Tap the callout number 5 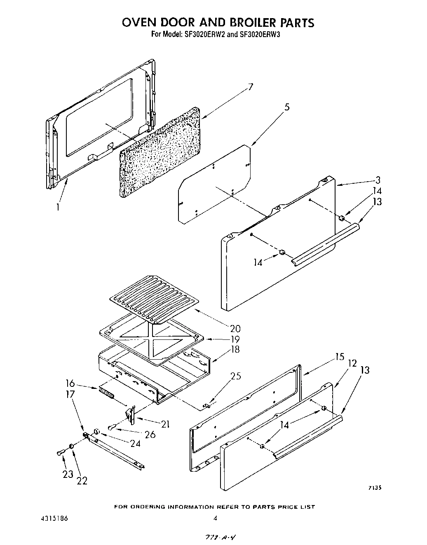click(x=287, y=108)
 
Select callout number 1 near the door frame click(x=58, y=207)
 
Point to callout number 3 click(x=378, y=180)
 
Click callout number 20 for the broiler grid click(x=235, y=329)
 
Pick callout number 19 click(x=235, y=339)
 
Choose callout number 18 click(x=235, y=350)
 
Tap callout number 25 click(x=235, y=376)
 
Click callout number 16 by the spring click(x=70, y=384)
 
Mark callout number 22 click(x=82, y=480)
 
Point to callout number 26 click(x=150, y=434)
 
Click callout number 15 click(x=339, y=357)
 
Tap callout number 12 click(x=352, y=363)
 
